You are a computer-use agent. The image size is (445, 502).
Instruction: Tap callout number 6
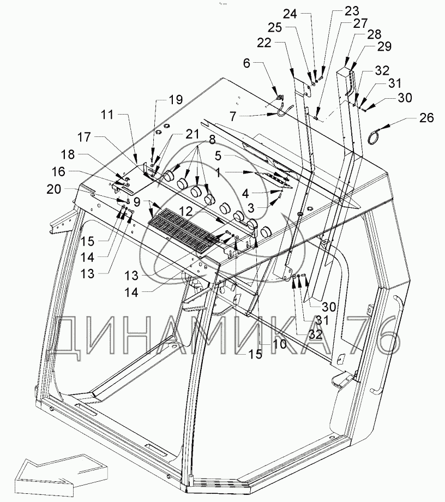[246, 63]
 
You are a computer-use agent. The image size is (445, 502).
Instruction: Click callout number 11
[107, 116]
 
